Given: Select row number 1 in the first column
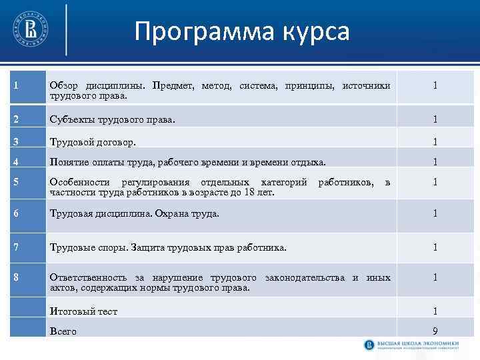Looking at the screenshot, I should pyautogui.click(x=15, y=85).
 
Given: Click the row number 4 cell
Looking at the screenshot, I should pyautogui.click(x=15, y=161).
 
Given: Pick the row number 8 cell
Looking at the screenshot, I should pyautogui.click(x=15, y=277).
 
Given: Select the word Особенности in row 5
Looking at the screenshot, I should pyautogui.click(x=80, y=182).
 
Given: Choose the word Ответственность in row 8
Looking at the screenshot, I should pyautogui.click(x=92, y=277).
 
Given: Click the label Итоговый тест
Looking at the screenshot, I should pyautogui.click(x=83, y=311).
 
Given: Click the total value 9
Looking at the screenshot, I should pyautogui.click(x=435, y=331).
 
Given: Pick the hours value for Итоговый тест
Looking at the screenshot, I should pyautogui.click(x=435, y=311).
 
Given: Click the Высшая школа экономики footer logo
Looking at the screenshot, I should pyautogui.click(x=417, y=345).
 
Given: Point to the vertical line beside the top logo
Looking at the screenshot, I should pyautogui.click(x=67, y=29).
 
